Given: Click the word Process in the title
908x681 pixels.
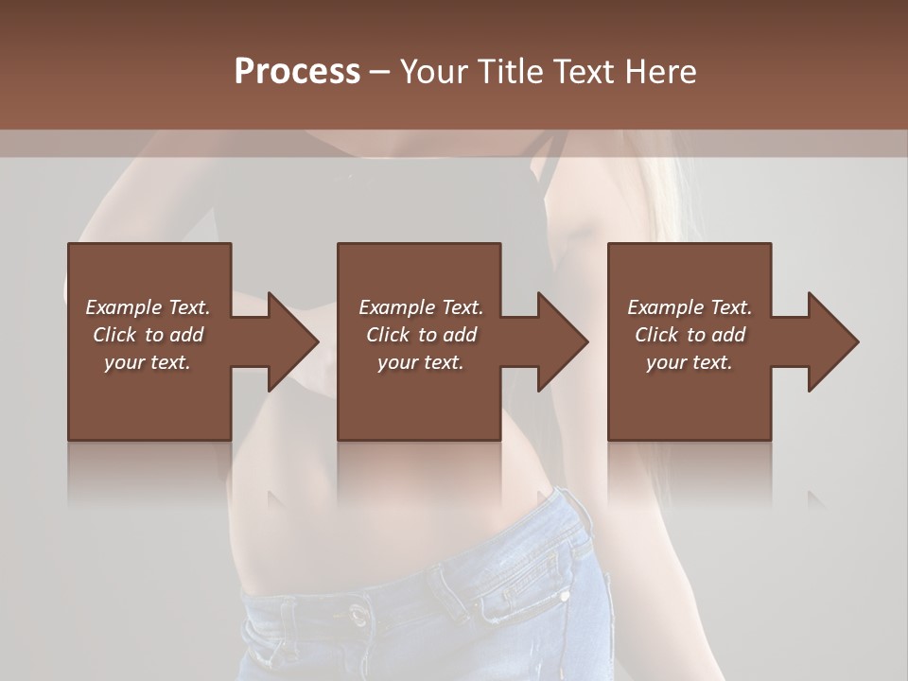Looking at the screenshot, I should [x=297, y=72].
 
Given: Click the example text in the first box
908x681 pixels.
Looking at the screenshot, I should [x=148, y=335].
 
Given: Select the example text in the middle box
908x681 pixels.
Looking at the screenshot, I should [x=421, y=335].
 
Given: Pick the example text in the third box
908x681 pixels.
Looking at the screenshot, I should [x=690, y=335].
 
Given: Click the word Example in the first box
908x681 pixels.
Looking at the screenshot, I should [x=123, y=307].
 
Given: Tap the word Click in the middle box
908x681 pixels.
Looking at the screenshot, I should [x=385, y=335].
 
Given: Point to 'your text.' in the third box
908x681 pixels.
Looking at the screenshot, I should [x=690, y=362].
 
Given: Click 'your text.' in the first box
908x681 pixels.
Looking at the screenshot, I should [x=148, y=362].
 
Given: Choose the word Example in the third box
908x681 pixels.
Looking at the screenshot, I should [x=665, y=307].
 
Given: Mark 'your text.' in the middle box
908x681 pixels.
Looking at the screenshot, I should [x=421, y=362].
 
